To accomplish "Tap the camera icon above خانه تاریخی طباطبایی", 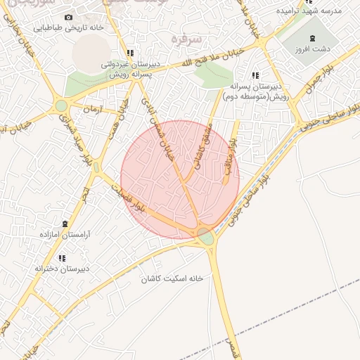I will pyautogui.click(x=68, y=17).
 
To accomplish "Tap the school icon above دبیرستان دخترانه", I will pyautogui.click(x=62, y=259).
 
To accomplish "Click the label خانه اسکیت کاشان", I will pyautogui.click(x=172, y=278).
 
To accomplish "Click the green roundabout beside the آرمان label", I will pyautogui.click(x=62, y=106).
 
